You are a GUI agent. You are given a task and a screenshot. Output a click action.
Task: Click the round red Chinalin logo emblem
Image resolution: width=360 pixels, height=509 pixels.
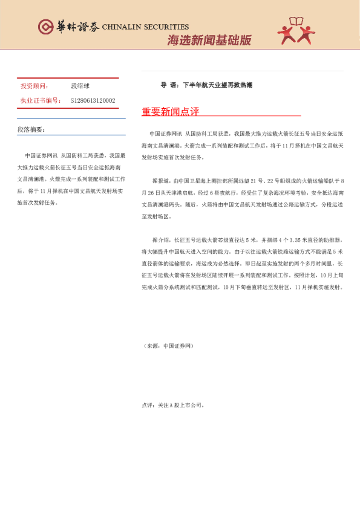click(46, 27)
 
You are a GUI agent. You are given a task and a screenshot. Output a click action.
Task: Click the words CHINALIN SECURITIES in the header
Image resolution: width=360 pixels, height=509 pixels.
click(145, 27)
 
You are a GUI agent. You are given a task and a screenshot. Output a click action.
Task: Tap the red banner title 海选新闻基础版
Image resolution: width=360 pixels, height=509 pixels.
click(209, 41)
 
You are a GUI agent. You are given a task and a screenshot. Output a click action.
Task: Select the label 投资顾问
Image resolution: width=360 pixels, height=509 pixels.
click(34, 86)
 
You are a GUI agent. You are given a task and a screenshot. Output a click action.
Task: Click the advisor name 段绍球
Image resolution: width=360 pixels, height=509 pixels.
click(80, 86)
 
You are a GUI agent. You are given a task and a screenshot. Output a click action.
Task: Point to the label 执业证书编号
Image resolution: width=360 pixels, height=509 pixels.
click(40, 100)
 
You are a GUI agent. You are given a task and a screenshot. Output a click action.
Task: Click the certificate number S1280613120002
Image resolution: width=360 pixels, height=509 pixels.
click(93, 100)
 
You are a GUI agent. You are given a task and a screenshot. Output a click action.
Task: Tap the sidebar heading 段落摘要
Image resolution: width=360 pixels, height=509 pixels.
click(31, 129)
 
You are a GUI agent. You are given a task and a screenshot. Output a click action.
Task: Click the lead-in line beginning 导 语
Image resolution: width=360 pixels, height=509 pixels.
click(206, 85)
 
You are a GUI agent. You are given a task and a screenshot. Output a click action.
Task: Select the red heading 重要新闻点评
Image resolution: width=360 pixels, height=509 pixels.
click(170, 112)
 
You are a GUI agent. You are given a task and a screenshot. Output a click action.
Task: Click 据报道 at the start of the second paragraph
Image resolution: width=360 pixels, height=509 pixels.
click(160, 181)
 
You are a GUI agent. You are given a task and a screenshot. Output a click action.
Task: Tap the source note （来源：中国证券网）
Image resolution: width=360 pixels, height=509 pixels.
click(168, 346)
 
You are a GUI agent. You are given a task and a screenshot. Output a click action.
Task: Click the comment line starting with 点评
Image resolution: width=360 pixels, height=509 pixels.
click(173, 405)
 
